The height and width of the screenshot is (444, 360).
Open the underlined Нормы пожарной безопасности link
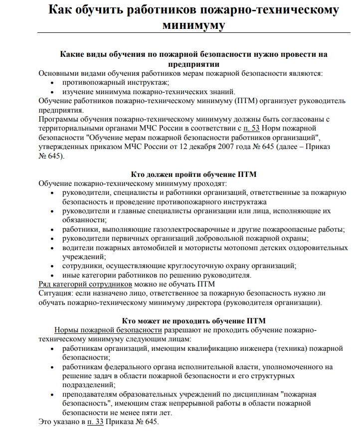[x=108, y=330]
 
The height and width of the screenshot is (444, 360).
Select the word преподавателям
[x=91, y=394]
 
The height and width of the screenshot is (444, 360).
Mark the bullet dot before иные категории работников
[x=53, y=276]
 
